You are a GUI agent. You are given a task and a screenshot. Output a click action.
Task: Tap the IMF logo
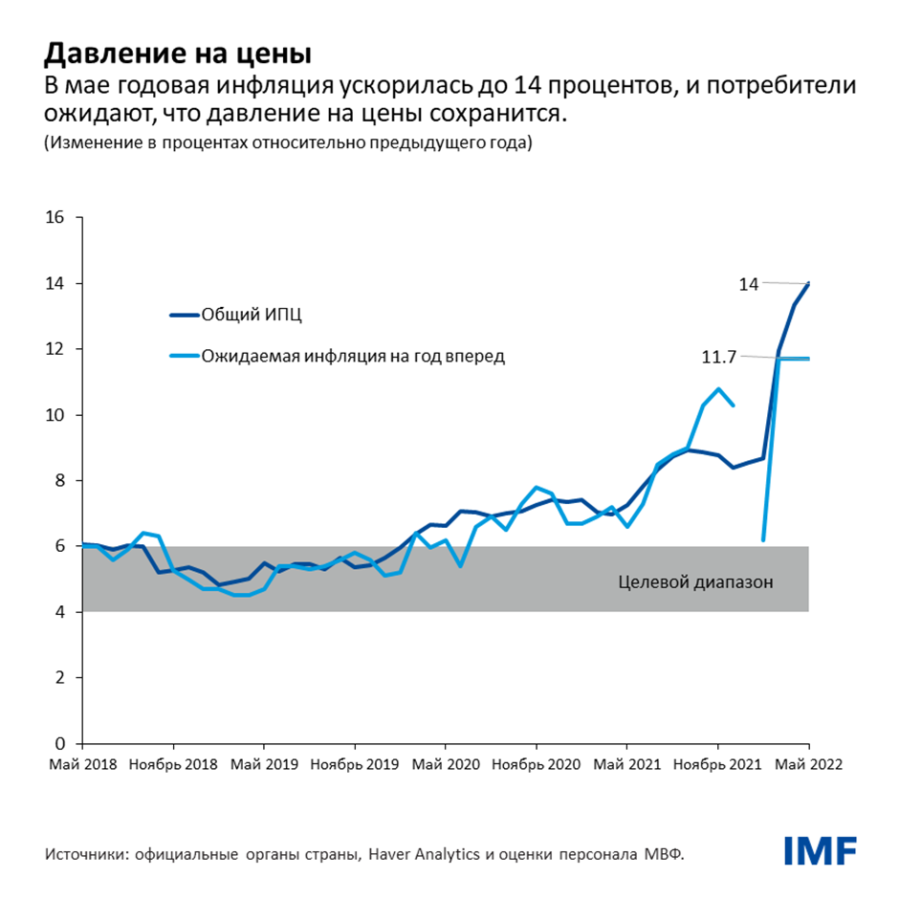(x=820, y=849)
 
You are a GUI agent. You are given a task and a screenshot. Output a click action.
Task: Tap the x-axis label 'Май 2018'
(x=81, y=765)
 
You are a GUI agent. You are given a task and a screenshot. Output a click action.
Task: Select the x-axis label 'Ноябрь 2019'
(x=354, y=765)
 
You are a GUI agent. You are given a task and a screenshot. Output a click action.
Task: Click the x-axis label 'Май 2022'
(x=808, y=765)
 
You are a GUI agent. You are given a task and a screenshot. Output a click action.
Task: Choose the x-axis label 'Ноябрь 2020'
(x=536, y=765)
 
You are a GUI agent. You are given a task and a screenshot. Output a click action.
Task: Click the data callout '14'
(x=748, y=284)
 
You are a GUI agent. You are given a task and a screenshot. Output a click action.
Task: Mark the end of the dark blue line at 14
(x=809, y=283)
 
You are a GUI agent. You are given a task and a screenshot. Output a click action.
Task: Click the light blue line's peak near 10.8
(x=718, y=388)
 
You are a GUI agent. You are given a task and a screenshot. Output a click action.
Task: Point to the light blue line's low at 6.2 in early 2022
(x=763, y=539)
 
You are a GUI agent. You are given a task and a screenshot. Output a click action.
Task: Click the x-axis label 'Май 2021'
(x=626, y=765)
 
